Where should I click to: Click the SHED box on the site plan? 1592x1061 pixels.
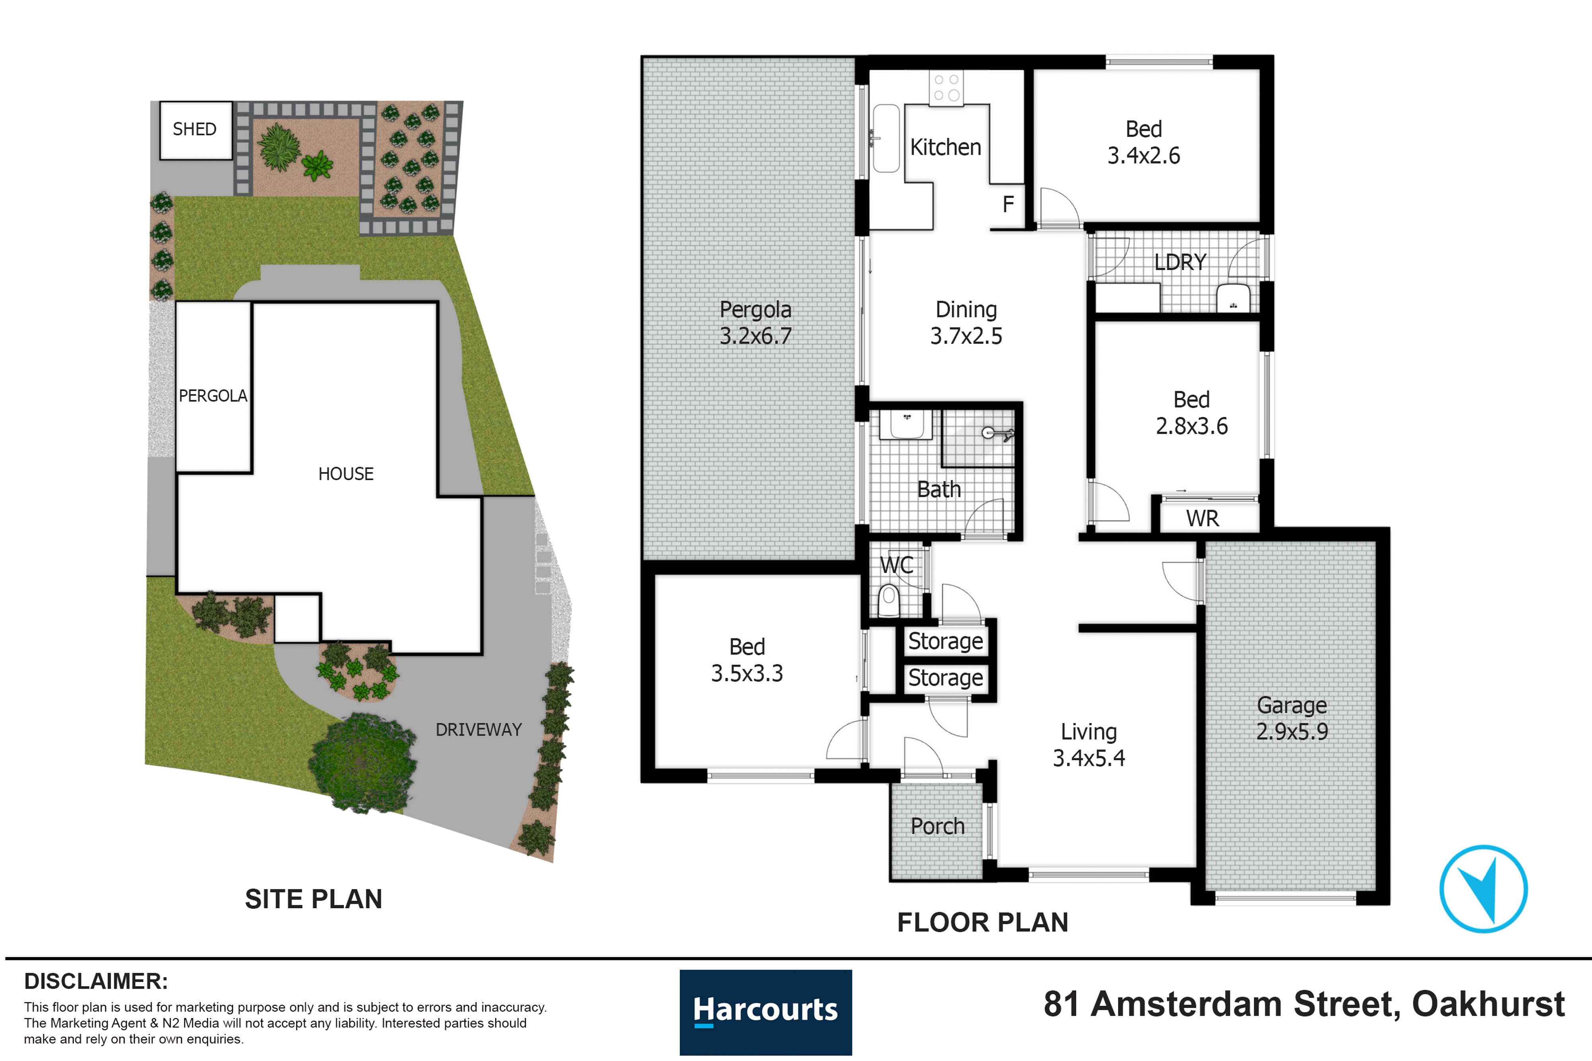click(195, 130)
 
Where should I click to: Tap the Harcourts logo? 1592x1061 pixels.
click(765, 1012)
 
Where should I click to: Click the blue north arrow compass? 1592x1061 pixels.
click(1483, 888)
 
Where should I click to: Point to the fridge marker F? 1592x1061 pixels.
click(1008, 204)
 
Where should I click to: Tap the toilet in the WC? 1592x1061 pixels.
click(889, 601)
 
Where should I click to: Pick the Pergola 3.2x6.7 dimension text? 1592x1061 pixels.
click(755, 336)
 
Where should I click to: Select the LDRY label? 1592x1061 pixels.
click(1180, 262)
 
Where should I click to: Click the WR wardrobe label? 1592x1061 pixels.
click(1202, 518)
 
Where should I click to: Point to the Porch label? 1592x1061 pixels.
click(937, 826)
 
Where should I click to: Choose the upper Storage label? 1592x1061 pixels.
click(946, 641)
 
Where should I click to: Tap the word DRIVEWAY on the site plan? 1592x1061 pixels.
click(478, 730)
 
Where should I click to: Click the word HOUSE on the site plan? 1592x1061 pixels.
click(346, 474)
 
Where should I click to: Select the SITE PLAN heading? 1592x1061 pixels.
click(313, 899)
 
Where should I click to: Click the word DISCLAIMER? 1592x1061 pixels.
click(96, 981)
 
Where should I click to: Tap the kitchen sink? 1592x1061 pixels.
click(886, 139)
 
